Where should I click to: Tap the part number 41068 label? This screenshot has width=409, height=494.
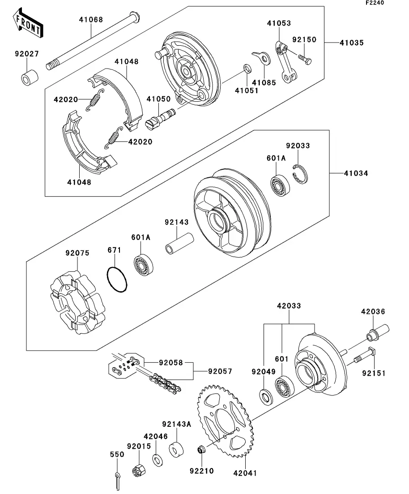[91, 20]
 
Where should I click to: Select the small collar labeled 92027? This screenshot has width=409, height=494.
[29, 77]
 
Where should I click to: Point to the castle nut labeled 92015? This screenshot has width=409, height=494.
[139, 471]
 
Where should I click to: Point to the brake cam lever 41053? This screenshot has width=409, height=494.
[287, 61]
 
